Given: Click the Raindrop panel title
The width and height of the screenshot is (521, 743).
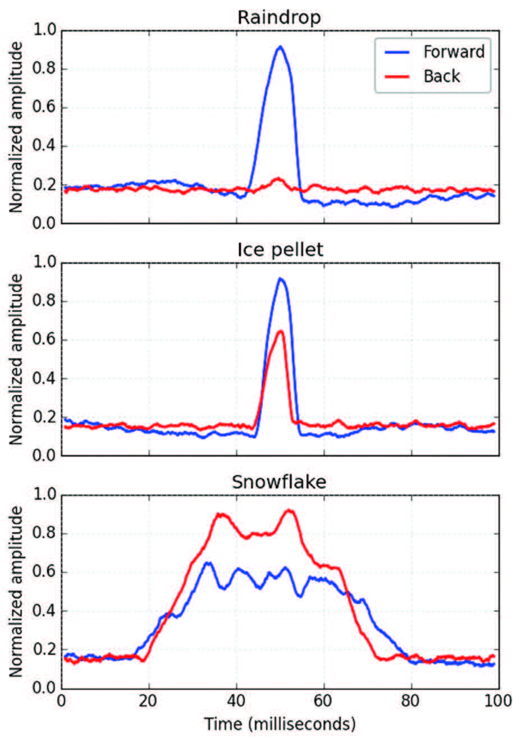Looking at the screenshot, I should pyautogui.click(x=279, y=17).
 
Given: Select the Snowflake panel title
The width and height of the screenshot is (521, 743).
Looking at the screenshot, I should pyautogui.click(x=279, y=481).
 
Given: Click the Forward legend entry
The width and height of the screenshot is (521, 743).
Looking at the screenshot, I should pyautogui.click(x=454, y=52).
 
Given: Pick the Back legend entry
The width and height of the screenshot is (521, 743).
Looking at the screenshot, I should pyautogui.click(x=442, y=76).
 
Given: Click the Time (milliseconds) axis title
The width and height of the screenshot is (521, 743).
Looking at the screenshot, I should pyautogui.click(x=280, y=723).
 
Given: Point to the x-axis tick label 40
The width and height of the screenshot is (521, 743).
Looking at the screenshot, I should pyautogui.click(x=236, y=701).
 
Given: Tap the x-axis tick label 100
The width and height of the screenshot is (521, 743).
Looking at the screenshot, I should pyautogui.click(x=499, y=701).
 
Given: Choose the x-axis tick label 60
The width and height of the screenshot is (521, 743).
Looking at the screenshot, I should pyautogui.click(x=324, y=701).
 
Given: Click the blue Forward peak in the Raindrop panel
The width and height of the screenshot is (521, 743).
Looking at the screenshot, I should pyautogui.click(x=280, y=47).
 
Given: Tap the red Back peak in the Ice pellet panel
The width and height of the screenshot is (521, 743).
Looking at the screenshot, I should pyautogui.click(x=280, y=332).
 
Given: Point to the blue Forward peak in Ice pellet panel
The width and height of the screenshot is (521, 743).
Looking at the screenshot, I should pyautogui.click(x=280, y=279).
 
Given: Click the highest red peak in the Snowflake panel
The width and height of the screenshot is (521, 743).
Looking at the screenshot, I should pyautogui.click(x=289, y=510).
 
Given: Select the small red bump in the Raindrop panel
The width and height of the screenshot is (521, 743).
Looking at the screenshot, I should pyautogui.click(x=277, y=180).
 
